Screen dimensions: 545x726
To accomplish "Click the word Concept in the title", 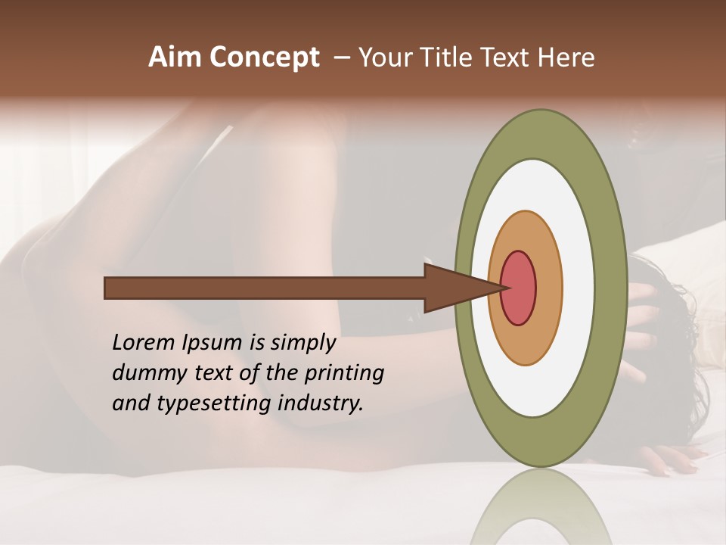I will tap(264, 58).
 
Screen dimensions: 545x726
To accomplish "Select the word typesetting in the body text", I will tap(209, 404).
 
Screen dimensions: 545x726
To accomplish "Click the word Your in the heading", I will tap(385, 58).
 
